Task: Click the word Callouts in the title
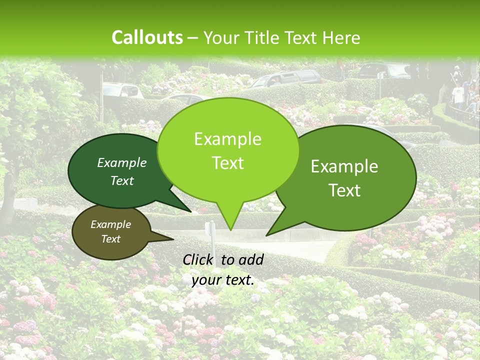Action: click(x=147, y=37)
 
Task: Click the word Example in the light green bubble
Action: click(x=227, y=139)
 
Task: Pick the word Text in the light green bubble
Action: click(x=227, y=163)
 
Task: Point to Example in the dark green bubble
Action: click(x=122, y=162)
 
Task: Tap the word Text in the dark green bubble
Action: click(x=122, y=180)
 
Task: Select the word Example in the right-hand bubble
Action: click(x=344, y=166)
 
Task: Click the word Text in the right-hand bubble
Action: click(x=344, y=190)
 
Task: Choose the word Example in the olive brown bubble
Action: click(x=110, y=224)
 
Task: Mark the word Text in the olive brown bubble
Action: click(x=110, y=239)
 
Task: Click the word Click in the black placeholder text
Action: click(x=199, y=259)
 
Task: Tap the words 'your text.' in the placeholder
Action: click(x=223, y=280)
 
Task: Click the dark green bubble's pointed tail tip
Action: click(x=191, y=212)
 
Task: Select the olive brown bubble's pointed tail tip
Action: click(x=173, y=239)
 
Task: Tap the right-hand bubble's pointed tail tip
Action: click(x=266, y=235)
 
